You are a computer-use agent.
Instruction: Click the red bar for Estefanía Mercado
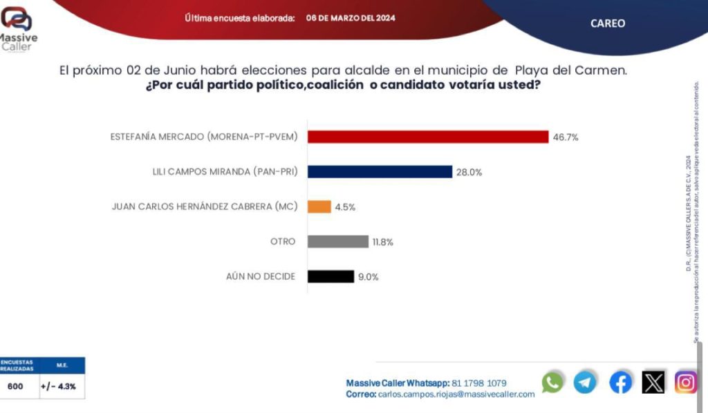[x=428, y=137]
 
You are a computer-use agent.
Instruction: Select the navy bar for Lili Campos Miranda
[x=380, y=172]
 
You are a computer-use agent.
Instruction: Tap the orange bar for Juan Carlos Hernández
[x=319, y=206]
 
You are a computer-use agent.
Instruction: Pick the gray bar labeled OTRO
[x=338, y=242]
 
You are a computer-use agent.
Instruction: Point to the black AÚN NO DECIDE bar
[x=330, y=276]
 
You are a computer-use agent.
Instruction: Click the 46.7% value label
[x=565, y=137]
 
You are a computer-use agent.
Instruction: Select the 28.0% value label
[x=468, y=172]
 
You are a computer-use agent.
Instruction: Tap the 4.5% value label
[x=345, y=207]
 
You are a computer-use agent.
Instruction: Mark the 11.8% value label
[x=384, y=242]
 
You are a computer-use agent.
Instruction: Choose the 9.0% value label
[x=369, y=277]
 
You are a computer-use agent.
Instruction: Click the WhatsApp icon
[x=552, y=382]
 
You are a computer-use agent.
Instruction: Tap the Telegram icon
[x=585, y=382]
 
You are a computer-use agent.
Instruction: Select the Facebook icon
[x=620, y=382]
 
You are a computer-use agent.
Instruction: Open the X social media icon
[x=653, y=382]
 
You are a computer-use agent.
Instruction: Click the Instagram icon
[x=686, y=382]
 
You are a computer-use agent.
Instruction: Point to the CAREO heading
[x=608, y=23]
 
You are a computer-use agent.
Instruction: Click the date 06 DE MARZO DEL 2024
[x=351, y=18]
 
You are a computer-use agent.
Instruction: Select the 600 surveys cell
[x=15, y=386]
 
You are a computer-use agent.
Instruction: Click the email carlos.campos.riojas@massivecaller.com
[x=456, y=394]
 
